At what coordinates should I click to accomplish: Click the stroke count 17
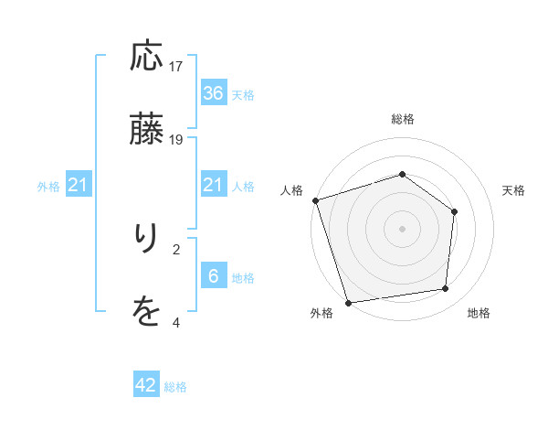click(176, 66)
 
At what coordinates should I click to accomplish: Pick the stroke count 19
click(176, 139)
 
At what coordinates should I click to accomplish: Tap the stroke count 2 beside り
click(176, 248)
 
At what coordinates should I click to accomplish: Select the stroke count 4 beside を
click(176, 322)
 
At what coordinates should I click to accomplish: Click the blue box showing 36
click(213, 93)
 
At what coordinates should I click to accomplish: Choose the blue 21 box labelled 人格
click(213, 186)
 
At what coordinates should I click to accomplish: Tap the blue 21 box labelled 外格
click(79, 186)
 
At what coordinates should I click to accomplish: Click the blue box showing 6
click(213, 276)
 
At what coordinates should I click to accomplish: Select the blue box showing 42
click(146, 385)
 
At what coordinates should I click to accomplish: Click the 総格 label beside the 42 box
click(175, 387)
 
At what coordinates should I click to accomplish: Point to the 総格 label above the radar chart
click(403, 119)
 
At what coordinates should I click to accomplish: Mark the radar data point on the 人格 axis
click(316, 200)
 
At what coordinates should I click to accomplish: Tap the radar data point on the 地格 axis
click(446, 289)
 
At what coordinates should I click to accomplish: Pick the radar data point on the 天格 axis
click(455, 211)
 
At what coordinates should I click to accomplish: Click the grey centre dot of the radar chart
click(403, 228)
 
